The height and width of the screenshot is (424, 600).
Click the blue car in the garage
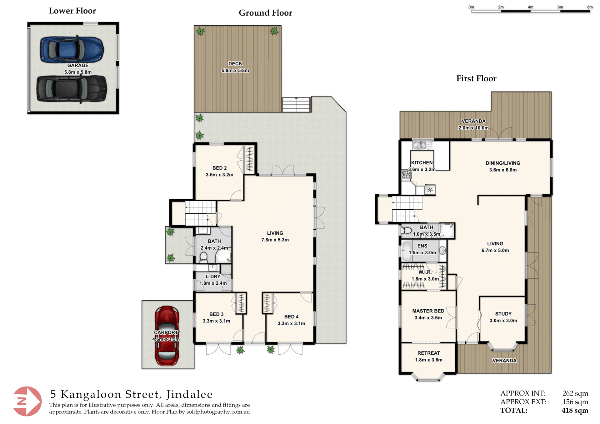[x=72, y=49]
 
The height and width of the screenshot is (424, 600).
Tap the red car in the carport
[x=167, y=336]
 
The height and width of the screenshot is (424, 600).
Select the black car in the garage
[x=72, y=89]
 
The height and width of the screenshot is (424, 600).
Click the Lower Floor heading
[x=72, y=11]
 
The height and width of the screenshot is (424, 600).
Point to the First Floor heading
[x=476, y=78]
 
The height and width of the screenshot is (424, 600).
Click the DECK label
[x=235, y=64]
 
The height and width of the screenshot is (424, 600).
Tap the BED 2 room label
[x=220, y=168]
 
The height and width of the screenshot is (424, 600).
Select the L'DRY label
[x=213, y=277]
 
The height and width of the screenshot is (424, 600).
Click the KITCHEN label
[x=422, y=163]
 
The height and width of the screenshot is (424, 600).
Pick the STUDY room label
[x=503, y=314]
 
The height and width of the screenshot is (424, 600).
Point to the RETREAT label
[x=429, y=353]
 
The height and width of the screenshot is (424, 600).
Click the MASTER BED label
[x=428, y=311]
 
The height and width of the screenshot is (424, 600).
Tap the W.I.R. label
[x=425, y=272]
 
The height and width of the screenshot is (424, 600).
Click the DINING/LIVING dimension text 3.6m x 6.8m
[x=503, y=170]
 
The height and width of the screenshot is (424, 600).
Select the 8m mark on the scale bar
[x=590, y=7]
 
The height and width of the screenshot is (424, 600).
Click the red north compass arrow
[x=27, y=401]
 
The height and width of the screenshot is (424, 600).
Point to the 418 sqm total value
[x=575, y=411]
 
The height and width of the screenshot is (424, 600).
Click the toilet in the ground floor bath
[x=203, y=257]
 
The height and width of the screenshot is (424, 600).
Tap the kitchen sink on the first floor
[x=422, y=145]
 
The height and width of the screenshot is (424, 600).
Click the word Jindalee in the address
[x=189, y=394]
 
